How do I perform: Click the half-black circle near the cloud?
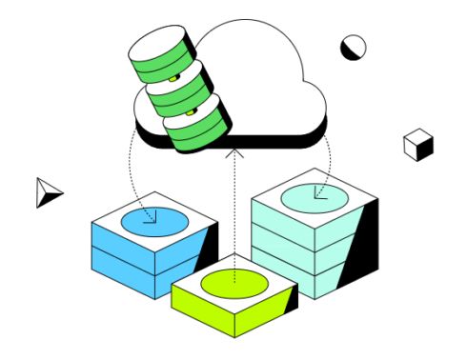pos(354,48)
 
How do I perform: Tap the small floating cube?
pos(418,145)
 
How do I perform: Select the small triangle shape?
pos(48,191)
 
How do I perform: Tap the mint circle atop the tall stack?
pos(314,197)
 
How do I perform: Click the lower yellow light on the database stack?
pos(191,112)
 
